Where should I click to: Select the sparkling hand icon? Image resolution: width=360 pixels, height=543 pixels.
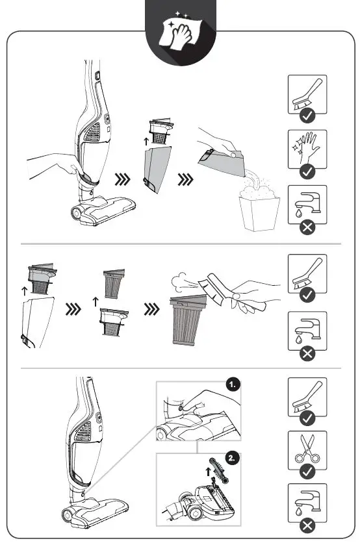[x=306, y=148]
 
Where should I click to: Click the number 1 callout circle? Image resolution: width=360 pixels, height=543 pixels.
[x=233, y=385]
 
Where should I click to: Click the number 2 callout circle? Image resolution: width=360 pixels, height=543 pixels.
[x=232, y=458]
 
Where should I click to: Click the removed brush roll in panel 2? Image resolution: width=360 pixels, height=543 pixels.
[x=219, y=472]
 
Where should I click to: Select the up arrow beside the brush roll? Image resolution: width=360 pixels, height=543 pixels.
[x=208, y=472]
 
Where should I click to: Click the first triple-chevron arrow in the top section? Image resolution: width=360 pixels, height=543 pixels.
[x=123, y=179]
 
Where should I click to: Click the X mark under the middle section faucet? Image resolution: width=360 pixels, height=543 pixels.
[x=307, y=354]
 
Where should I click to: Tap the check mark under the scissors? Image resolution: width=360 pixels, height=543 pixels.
[x=307, y=472]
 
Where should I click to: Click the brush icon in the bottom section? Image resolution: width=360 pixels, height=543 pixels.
[x=307, y=397]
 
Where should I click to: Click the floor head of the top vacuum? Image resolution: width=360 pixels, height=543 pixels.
[x=103, y=210]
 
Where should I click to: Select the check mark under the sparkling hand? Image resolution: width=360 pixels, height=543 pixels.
[x=307, y=171]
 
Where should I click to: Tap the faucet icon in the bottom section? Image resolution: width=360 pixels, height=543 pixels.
[x=307, y=503]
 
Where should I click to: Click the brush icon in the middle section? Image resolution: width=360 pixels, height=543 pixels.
[x=307, y=273]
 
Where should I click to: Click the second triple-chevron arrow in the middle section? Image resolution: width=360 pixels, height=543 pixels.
[x=152, y=309]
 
